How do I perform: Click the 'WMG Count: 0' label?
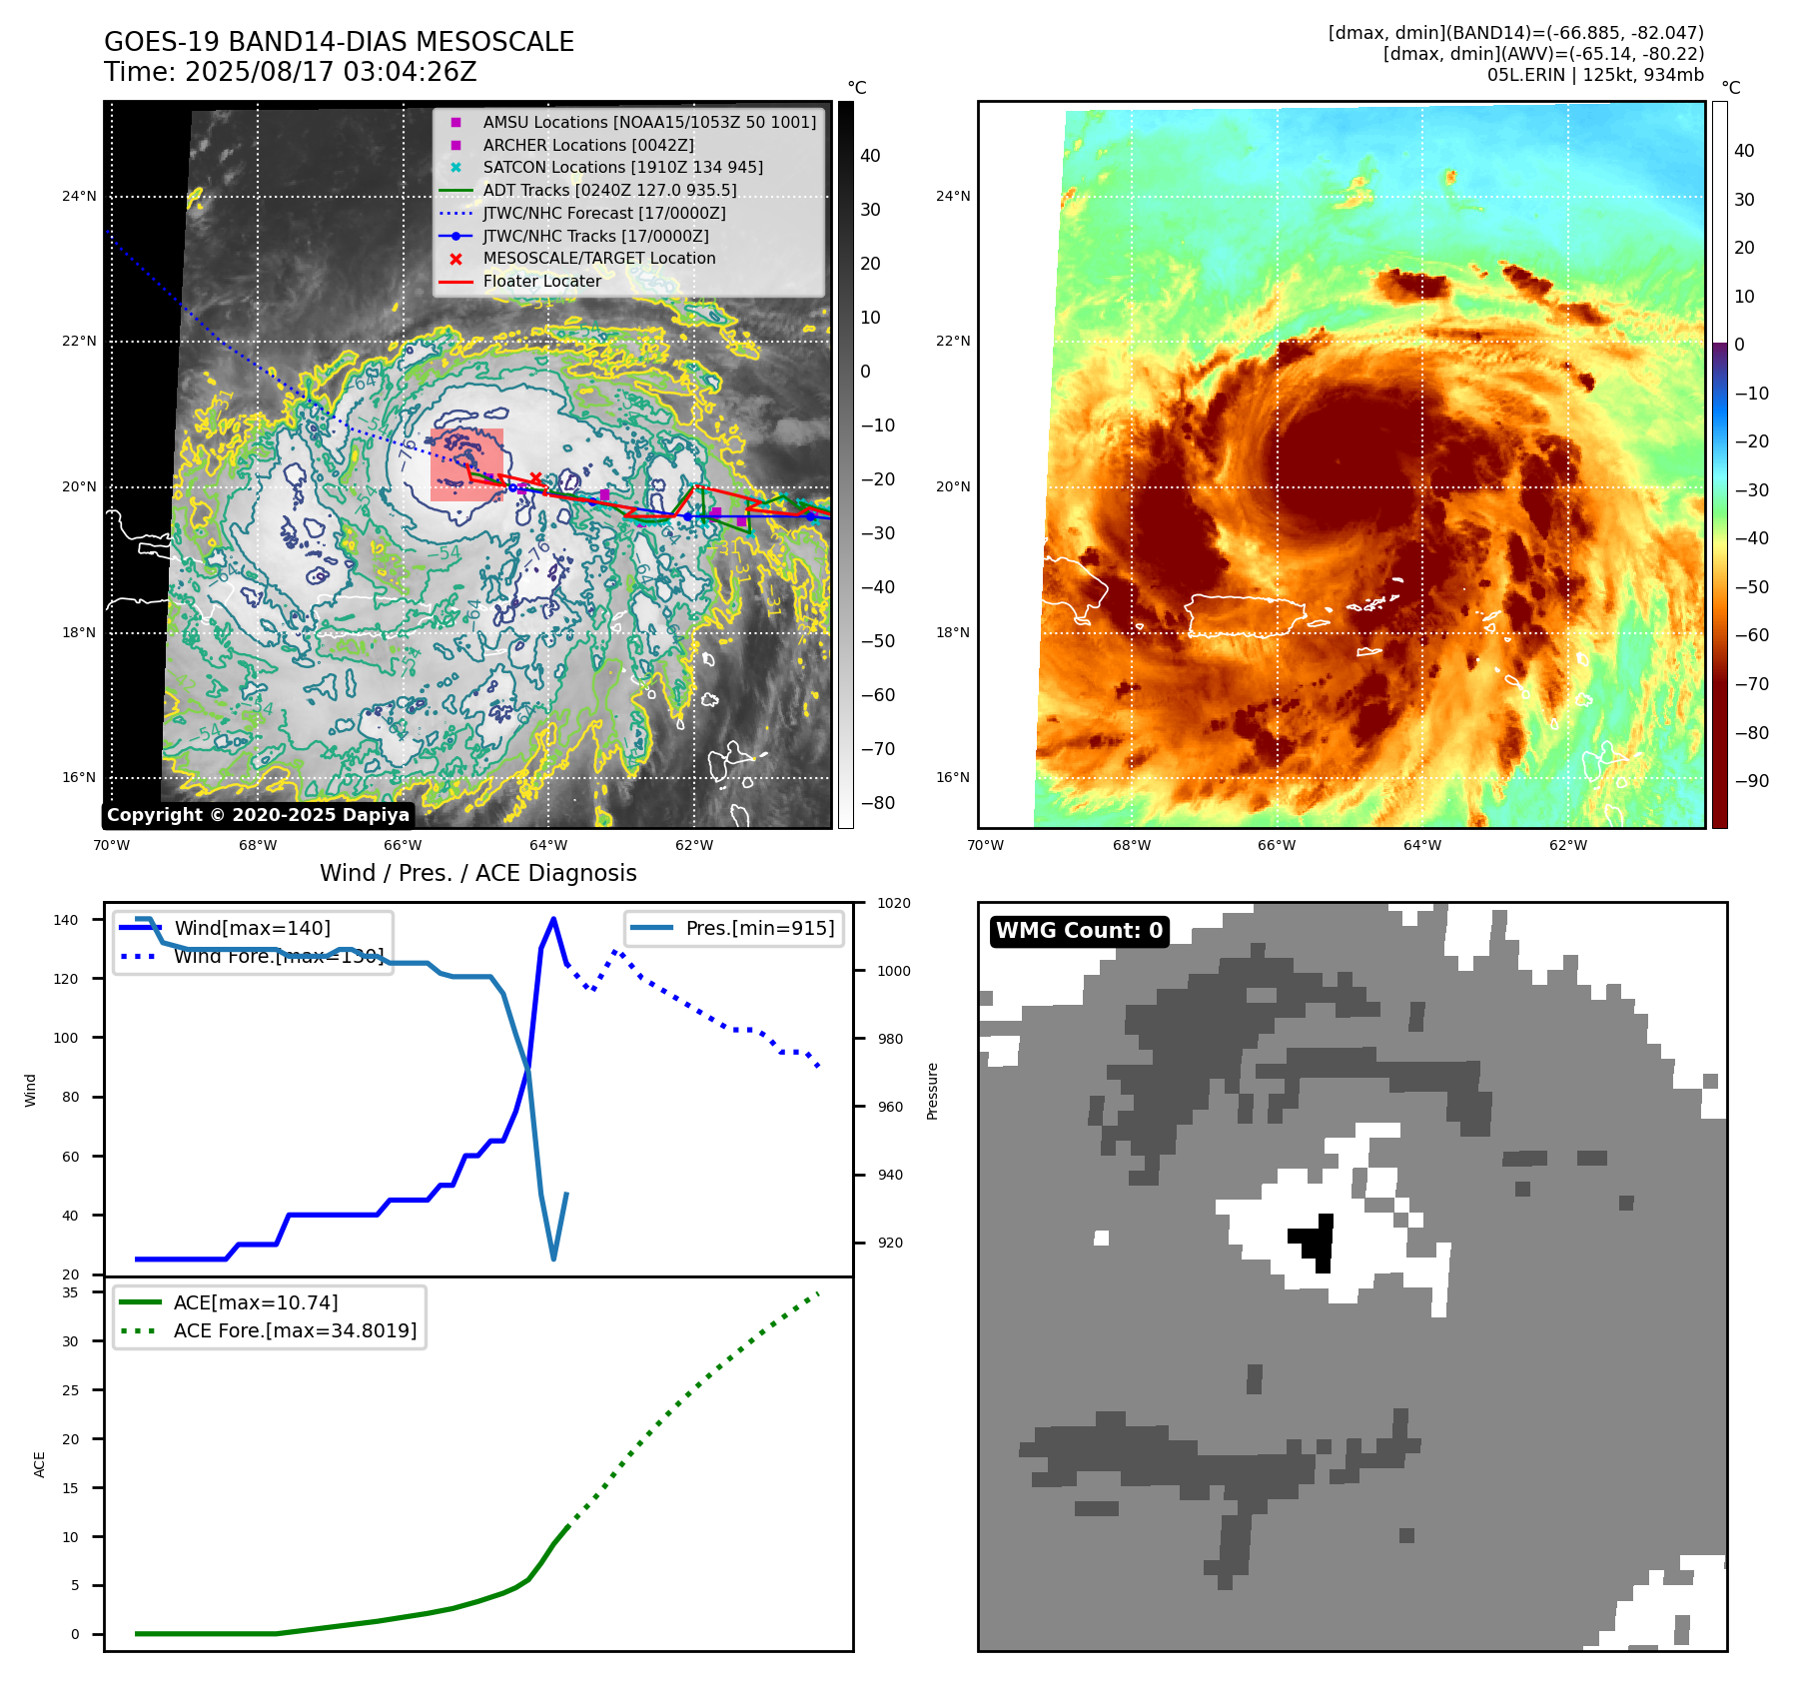tap(1079, 931)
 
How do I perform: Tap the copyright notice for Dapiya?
tap(258, 815)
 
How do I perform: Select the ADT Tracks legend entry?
tap(609, 190)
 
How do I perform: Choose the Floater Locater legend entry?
tap(541, 282)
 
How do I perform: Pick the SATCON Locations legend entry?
tap(622, 168)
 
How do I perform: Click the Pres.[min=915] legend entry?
tap(759, 928)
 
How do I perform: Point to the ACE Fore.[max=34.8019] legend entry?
tap(295, 1330)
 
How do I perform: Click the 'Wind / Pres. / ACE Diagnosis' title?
tap(477, 873)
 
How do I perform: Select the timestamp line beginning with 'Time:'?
tap(290, 72)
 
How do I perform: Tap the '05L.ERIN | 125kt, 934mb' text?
tap(1595, 75)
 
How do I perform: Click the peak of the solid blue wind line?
tap(553, 919)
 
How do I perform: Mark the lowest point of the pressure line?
tap(553, 1259)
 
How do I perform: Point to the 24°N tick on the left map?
tap(79, 196)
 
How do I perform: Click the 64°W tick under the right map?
tap(1422, 845)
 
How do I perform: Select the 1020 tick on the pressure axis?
tap(894, 903)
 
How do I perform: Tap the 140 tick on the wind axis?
tap(66, 920)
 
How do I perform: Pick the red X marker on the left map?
tap(536, 478)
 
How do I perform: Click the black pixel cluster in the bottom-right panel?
tap(1318, 1242)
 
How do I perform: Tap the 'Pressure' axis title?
tap(932, 1091)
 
